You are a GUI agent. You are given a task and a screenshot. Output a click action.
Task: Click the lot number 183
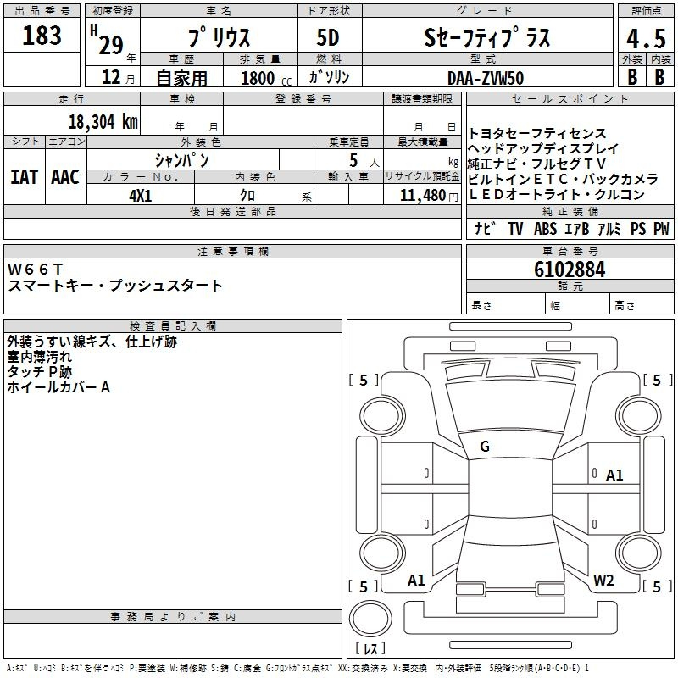pos(42,36)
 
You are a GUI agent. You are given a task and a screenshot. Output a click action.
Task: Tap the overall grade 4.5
pos(646,38)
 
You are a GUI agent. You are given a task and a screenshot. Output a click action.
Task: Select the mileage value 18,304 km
pos(103,122)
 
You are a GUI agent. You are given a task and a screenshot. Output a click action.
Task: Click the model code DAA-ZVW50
pos(486,78)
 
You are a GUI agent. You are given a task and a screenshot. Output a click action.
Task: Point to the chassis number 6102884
pos(570,270)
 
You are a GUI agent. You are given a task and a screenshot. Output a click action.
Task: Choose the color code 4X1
pos(141,196)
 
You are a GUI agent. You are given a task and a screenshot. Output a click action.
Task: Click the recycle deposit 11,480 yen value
pos(429,196)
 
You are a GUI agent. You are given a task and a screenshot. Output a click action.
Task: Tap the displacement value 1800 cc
pos(266,78)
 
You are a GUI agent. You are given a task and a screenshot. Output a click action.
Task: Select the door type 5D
pos(328,38)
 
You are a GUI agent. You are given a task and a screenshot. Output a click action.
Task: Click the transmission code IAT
pos(25,177)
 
